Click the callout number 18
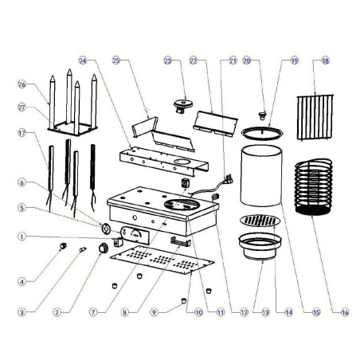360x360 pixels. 325,61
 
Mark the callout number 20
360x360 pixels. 247,61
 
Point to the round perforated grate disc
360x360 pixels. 260,220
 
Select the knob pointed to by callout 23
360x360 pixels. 185,105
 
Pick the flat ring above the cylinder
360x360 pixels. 264,128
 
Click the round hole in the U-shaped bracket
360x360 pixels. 182,166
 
